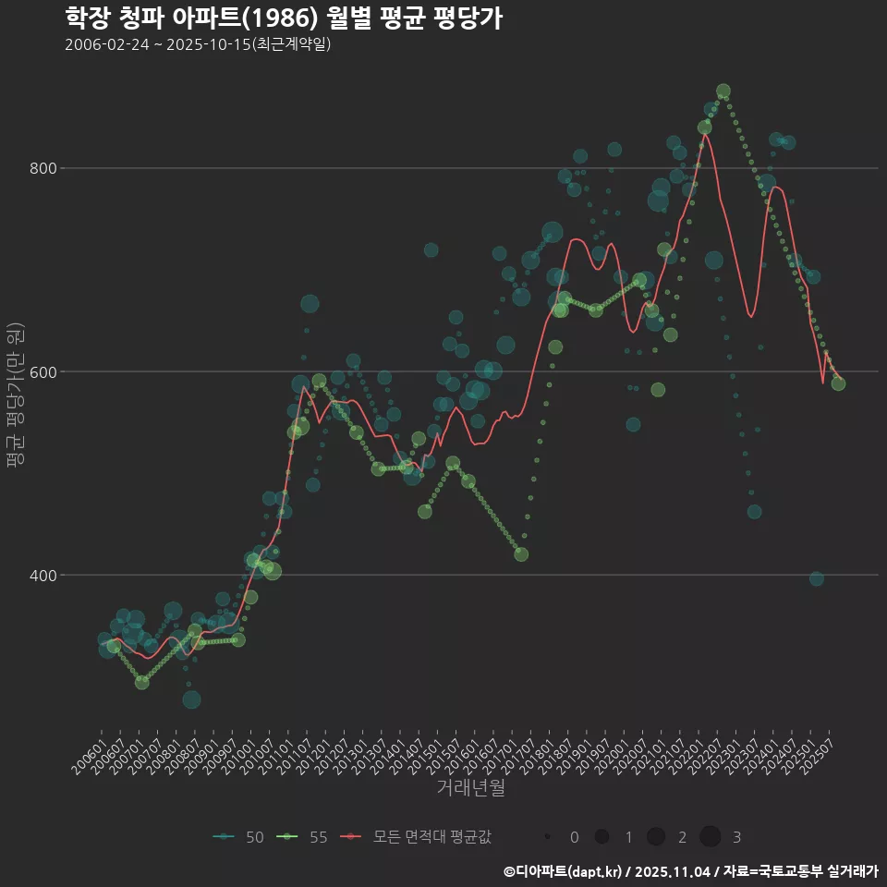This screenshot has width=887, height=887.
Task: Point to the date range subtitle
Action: (198, 45)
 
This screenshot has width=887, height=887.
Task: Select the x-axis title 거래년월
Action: (470, 788)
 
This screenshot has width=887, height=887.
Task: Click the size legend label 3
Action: (736, 837)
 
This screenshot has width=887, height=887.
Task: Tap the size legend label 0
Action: (575, 837)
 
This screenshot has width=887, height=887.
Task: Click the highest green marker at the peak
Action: (723, 91)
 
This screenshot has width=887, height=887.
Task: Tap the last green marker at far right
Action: (838, 383)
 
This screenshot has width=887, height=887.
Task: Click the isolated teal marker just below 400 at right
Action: (817, 578)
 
